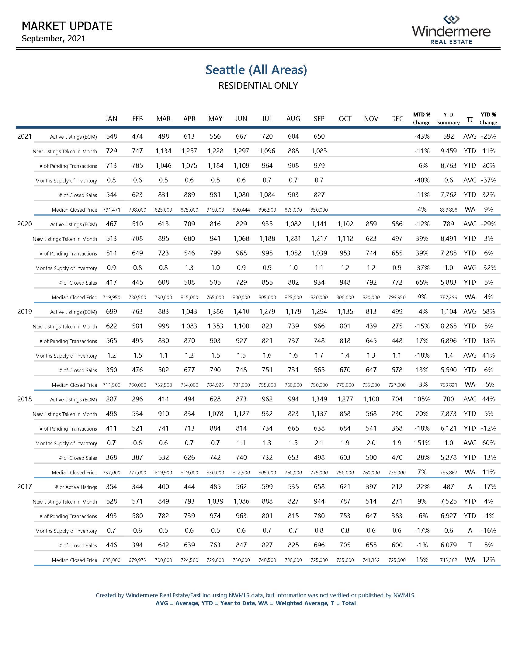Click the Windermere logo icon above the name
[451, 20]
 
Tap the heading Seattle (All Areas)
[256, 70]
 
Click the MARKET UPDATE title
[67, 26]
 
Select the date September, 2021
[54, 39]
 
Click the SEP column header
[319, 119]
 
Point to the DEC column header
[397, 119]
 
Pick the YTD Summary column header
[448, 119]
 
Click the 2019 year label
[25, 311]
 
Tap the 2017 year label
[25, 487]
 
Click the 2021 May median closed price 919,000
[215, 210]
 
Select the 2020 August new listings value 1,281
[293, 239]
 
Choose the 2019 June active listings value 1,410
[241, 311]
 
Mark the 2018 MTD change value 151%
[422, 443]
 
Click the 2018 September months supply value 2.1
[319, 443]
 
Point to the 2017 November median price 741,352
[371, 560]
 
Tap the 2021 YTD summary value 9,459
[448, 151]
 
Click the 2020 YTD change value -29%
[488, 224]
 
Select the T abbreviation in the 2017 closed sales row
[470, 545]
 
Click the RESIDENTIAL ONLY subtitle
[258, 85]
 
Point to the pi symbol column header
[470, 119]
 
